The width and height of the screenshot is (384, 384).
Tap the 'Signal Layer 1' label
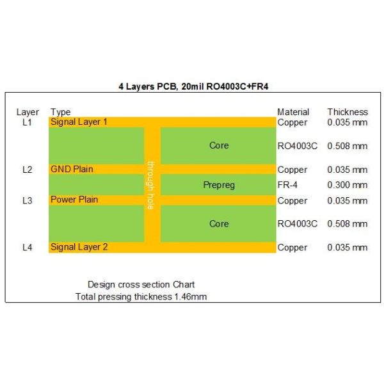[79, 122]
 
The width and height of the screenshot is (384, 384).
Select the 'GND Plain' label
[72, 170]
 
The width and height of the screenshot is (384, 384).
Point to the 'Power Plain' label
[74, 200]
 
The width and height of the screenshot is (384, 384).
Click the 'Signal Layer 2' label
[79, 247]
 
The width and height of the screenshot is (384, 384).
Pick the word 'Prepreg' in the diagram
[219, 185]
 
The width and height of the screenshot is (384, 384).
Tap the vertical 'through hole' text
[151, 185]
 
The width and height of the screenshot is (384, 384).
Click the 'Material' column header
[293, 112]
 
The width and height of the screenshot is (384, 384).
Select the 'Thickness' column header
[348, 112]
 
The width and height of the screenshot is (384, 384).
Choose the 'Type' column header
[60, 112]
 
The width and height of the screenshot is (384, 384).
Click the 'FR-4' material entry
[287, 185]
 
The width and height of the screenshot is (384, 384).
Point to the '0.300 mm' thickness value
[348, 185]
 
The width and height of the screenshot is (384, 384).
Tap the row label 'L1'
[27, 122]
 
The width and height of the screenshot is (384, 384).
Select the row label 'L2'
[27, 170]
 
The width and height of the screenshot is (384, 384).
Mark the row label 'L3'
[27, 200]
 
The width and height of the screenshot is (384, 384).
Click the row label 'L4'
[27, 247]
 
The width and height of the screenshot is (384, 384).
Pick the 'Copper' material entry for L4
[292, 248]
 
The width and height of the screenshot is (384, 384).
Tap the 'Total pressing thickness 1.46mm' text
[141, 296]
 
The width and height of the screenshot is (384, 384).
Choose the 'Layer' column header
[28, 112]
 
